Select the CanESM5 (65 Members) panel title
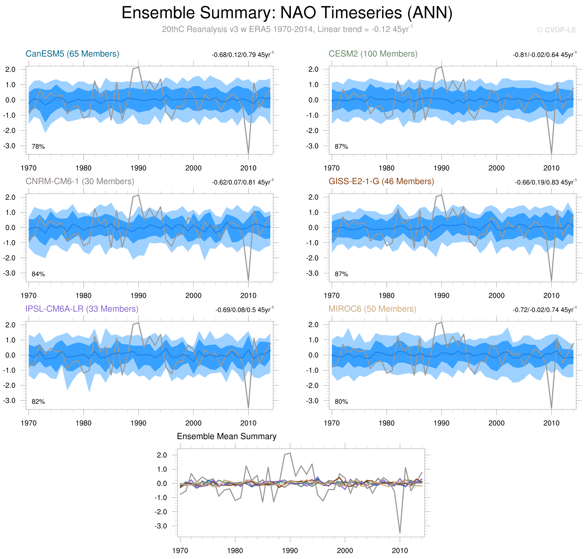tap(72, 54)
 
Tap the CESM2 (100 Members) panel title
tap(373, 54)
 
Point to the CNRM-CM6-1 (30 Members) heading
tap(80, 182)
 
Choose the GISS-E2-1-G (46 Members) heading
tap(381, 182)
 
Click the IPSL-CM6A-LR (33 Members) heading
tap(82, 309)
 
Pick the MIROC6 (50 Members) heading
tap(372, 309)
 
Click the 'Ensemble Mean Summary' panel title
tap(226, 437)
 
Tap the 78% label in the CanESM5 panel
tap(38, 147)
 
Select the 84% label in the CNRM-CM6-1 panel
tap(38, 274)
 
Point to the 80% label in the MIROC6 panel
tap(341, 402)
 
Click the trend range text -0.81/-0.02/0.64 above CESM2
tap(544, 55)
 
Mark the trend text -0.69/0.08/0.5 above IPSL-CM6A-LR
tap(244, 310)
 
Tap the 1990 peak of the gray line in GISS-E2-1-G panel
tap(441, 195)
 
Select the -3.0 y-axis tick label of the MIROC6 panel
tap(312, 401)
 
